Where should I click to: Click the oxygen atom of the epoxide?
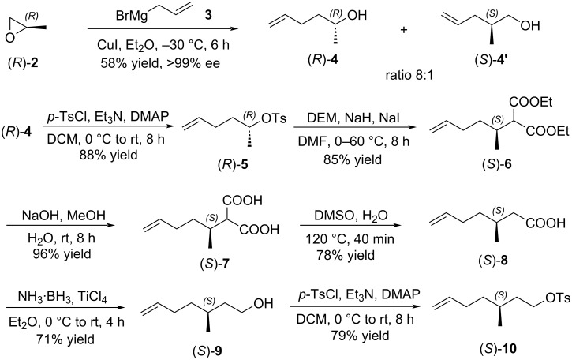click(9, 38)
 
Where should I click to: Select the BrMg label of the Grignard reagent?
click(132, 16)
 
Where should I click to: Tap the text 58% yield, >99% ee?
click(160, 63)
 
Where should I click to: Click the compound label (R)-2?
click(23, 63)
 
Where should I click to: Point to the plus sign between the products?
click(403, 30)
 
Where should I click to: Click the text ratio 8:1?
click(409, 76)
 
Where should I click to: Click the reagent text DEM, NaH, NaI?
click(353, 118)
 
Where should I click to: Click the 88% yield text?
click(108, 155)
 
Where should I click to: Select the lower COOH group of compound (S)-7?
click(260, 230)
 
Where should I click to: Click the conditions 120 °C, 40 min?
click(350, 239)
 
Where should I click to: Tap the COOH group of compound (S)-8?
click(546, 223)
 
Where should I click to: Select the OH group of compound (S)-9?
click(263, 303)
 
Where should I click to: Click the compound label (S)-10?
click(499, 349)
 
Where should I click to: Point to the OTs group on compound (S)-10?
click(558, 298)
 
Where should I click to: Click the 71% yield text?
click(65, 339)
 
